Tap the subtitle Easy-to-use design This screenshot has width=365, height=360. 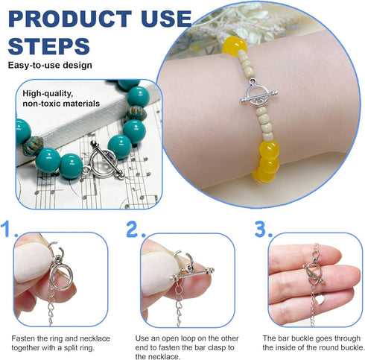coord(50,66)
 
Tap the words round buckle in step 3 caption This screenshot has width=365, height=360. coord(333,347)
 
